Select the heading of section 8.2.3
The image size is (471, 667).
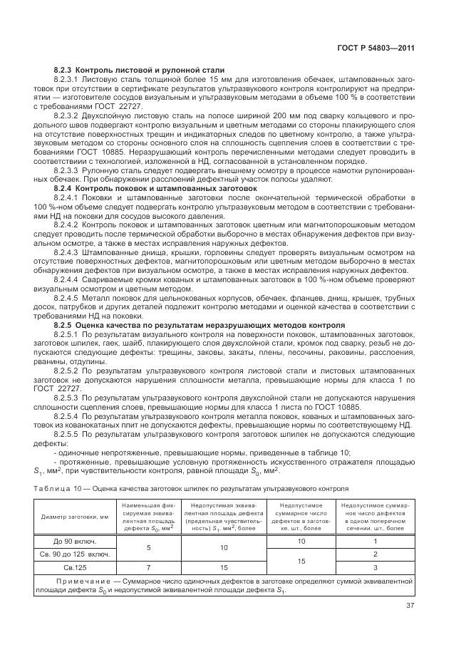(x=139, y=70)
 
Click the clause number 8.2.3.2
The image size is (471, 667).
(x=69, y=114)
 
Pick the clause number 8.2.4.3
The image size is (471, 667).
(x=69, y=252)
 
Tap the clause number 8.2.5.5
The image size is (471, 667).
(x=69, y=435)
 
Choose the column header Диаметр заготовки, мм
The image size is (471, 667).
(x=74, y=517)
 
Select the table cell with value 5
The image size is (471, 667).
(x=147, y=547)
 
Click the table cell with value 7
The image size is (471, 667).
(x=147, y=567)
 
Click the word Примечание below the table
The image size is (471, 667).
(x=74, y=582)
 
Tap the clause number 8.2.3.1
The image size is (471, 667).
(x=69, y=79)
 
